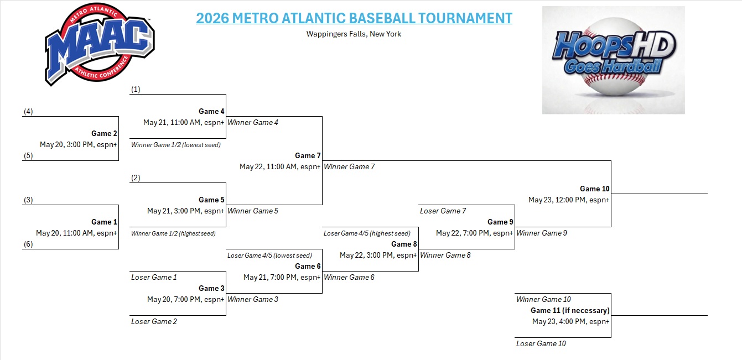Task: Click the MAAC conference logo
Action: pyautogui.click(x=100, y=44)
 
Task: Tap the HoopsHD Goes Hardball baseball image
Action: pyautogui.click(x=614, y=60)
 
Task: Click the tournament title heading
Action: pyautogui.click(x=354, y=18)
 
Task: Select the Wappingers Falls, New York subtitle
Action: pyautogui.click(x=354, y=34)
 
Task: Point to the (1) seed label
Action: pyautogui.click(x=136, y=90)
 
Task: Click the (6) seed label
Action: pyautogui.click(x=28, y=244)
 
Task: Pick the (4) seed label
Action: pyautogui.click(x=28, y=111)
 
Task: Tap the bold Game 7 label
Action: pyautogui.click(x=308, y=155)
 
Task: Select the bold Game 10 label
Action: pyautogui.click(x=595, y=189)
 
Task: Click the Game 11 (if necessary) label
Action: pyautogui.click(x=570, y=310)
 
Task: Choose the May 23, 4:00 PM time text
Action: pyautogui.click(x=559, y=322)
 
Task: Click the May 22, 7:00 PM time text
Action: pyautogui.click(x=463, y=233)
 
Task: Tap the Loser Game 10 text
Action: pyautogui.click(x=541, y=344)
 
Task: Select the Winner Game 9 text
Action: pyautogui.click(x=542, y=233)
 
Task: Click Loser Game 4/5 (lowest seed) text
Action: pyautogui.click(x=269, y=255)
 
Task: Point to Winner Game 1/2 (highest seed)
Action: pyautogui.click(x=173, y=233)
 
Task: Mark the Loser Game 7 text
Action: pyautogui.click(x=443, y=211)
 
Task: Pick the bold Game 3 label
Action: pyautogui.click(x=211, y=289)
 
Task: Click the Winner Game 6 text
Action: pyautogui.click(x=349, y=278)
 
